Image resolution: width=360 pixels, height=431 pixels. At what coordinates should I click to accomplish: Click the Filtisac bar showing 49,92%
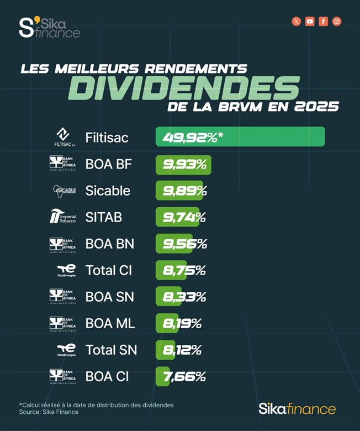click(x=240, y=137)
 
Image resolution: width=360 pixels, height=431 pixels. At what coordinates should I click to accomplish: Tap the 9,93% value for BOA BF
click(x=184, y=164)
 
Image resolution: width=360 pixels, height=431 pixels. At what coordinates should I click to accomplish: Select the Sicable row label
click(x=108, y=191)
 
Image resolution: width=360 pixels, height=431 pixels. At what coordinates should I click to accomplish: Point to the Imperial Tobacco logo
click(x=62, y=217)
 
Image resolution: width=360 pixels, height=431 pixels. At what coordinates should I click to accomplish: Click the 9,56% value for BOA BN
click(x=184, y=244)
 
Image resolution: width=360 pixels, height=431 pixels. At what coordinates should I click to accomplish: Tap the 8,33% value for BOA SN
click(x=184, y=297)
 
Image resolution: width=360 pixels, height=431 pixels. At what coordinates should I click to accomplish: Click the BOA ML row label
click(x=110, y=323)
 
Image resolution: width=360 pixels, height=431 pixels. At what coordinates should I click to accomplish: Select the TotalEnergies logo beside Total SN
click(x=66, y=349)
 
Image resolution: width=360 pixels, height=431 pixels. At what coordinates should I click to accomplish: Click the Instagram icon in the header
click(x=337, y=22)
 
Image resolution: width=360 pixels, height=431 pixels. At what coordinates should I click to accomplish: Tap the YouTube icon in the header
click(x=310, y=22)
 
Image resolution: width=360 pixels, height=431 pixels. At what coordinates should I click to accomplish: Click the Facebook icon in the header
click(x=324, y=22)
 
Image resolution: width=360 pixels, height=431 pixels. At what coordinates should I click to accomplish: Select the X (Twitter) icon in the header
click(x=297, y=22)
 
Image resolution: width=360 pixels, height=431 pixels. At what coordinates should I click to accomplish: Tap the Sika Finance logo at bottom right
click(x=297, y=409)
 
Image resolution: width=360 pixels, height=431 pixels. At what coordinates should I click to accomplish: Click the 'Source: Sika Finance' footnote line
click(x=49, y=412)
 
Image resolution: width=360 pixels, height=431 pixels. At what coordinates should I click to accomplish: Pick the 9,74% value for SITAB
click(x=184, y=217)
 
